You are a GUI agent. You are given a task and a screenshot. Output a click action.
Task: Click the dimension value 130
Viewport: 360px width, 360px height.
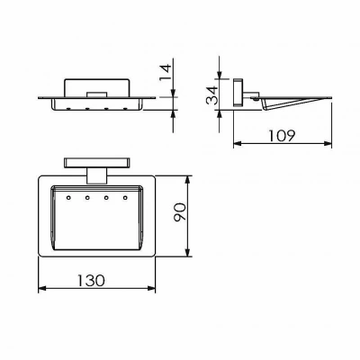pyautogui.click(x=91, y=280)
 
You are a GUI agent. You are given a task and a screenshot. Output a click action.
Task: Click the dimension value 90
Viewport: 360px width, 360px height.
pyautogui.click(x=181, y=211)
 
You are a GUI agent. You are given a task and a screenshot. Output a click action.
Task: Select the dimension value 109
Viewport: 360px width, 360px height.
pyautogui.click(x=282, y=136)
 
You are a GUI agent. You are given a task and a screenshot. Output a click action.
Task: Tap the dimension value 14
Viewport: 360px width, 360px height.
pyautogui.click(x=166, y=72)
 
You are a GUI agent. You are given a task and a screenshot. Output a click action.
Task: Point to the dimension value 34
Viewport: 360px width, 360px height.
pyautogui.click(x=212, y=95)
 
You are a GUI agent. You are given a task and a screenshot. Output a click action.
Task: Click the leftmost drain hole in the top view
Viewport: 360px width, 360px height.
pyautogui.click(x=68, y=198)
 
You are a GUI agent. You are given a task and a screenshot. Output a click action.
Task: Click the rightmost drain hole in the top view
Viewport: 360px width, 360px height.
pyautogui.click(x=125, y=198)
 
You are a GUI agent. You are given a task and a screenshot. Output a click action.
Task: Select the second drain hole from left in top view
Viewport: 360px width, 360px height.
pyautogui.click(x=87, y=198)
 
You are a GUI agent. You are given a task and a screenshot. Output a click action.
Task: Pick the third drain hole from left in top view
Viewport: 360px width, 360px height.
pyautogui.click(x=106, y=198)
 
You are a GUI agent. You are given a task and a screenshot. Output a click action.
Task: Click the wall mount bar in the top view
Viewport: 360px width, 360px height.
pyautogui.click(x=97, y=163)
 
